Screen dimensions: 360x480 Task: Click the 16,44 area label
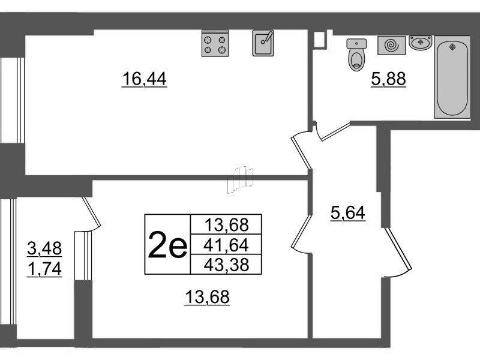[144, 79]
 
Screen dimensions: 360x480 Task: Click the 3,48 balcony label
[45, 247]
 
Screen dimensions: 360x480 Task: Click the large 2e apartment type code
[167, 245]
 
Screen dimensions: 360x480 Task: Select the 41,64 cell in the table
[226, 245]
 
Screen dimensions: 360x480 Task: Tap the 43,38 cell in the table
[226, 264]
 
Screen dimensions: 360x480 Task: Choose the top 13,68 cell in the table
[226, 225]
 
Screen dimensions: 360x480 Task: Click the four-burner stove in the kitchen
[216, 44]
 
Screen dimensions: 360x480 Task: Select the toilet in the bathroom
[357, 55]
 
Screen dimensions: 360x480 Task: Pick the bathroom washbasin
[421, 43]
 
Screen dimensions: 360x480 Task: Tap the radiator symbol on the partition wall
[240, 179]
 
